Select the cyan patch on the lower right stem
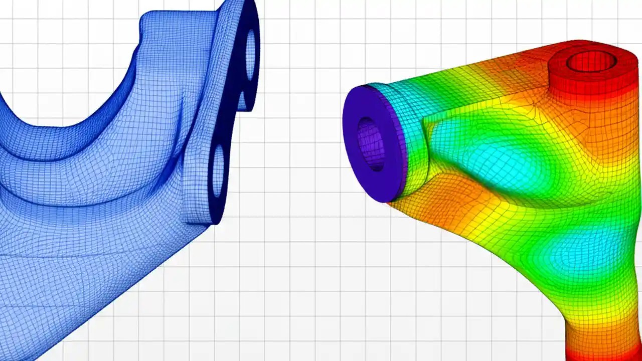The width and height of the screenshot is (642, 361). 577,251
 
